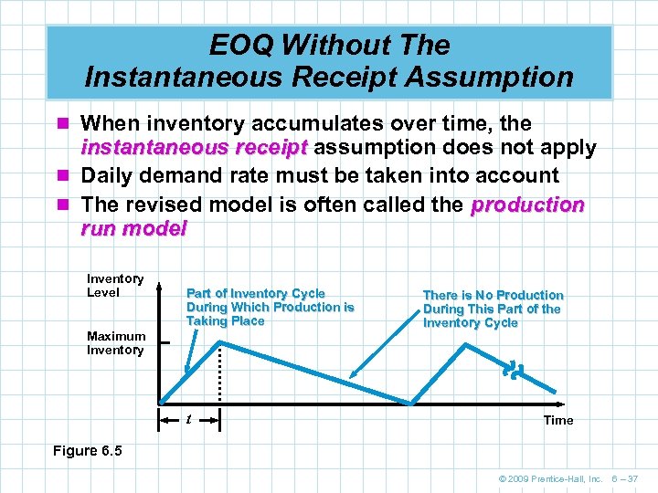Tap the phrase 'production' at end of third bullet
(527, 205)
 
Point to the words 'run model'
(133, 229)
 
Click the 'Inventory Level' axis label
(115, 286)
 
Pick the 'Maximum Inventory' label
(116, 343)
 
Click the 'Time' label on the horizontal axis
(558, 420)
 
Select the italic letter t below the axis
(188, 420)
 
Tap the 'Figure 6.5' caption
(87, 451)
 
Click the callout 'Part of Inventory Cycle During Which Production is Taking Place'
(270, 307)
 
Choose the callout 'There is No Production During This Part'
(493, 309)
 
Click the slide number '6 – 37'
(627, 478)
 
